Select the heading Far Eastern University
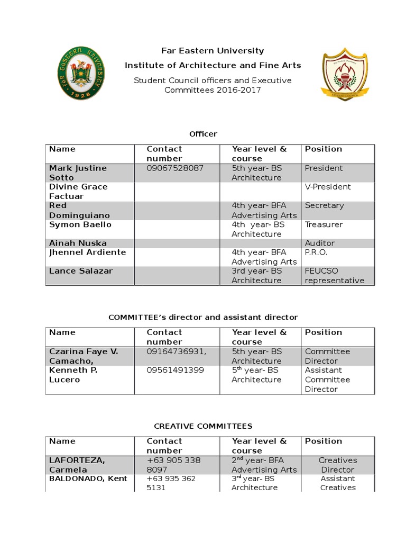tap(213, 51)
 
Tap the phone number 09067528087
tap(175, 168)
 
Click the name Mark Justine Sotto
tap(78, 173)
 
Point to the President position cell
tap(324, 168)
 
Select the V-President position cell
tap(328, 187)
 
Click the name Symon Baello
tap(80, 224)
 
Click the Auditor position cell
tap(320, 243)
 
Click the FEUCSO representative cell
tap(334, 276)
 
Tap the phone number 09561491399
tap(175, 370)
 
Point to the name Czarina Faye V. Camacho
tap(84, 356)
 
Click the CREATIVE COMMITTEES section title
tap(203, 426)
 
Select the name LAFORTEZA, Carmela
tap(77, 465)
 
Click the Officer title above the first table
tap(204, 134)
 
